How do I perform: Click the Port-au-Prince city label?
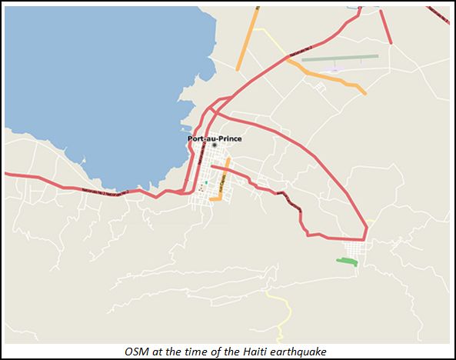click(215, 138)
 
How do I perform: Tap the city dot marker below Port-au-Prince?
click(215, 145)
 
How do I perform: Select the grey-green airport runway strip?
click(340, 57)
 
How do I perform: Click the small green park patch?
click(347, 262)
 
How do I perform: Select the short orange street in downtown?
click(221, 185)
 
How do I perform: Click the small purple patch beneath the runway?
click(331, 69)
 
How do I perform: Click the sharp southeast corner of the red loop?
click(365, 238)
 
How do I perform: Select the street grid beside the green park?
click(356, 249)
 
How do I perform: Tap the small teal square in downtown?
click(206, 182)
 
